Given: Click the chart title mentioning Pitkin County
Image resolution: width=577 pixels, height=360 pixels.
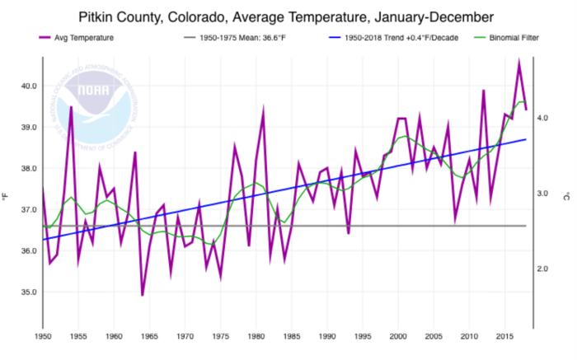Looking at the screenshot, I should pos(288,16).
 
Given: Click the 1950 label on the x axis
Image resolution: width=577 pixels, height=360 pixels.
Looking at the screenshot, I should pos(42,336).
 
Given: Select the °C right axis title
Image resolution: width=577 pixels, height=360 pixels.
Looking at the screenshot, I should pos(569,196).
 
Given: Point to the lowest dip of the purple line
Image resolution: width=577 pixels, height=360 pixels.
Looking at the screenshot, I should pos(142,295).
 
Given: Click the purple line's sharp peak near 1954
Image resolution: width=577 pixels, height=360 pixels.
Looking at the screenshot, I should pos(71,107).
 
